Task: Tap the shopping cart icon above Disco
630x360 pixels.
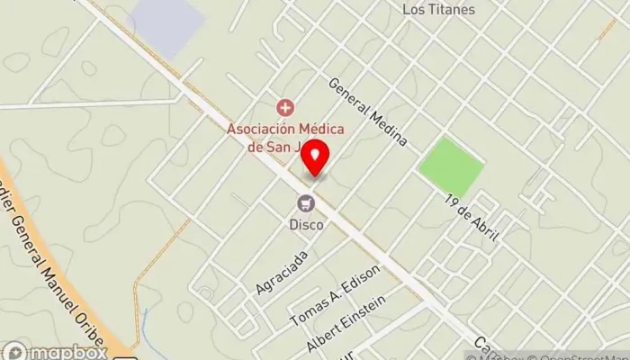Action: [306, 202]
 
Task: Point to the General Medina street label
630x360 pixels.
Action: [368, 112]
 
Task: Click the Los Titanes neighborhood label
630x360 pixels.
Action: [436, 10]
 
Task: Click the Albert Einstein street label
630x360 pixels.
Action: [346, 323]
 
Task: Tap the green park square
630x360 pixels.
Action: [451, 166]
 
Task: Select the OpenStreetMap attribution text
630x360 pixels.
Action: [585, 353]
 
